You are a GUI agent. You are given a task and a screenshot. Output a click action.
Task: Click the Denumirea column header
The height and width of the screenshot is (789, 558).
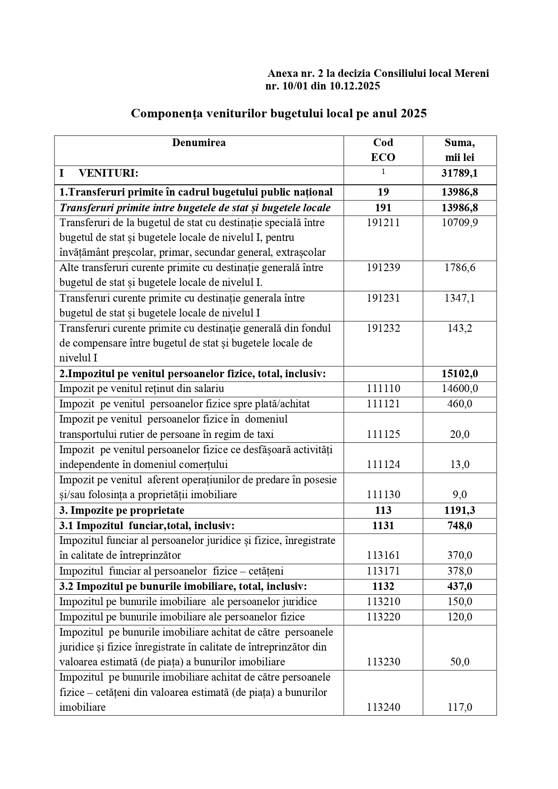[199, 143]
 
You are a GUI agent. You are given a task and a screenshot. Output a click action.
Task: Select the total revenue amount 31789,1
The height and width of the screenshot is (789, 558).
[460, 174]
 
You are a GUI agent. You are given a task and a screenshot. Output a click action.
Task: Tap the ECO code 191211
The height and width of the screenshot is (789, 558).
[383, 223]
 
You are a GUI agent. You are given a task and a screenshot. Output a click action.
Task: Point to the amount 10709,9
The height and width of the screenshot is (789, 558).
[460, 223]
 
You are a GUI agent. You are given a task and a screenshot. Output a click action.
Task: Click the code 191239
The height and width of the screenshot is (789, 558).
[383, 268]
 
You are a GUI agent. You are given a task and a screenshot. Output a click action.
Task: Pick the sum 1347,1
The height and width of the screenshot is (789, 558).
[460, 299]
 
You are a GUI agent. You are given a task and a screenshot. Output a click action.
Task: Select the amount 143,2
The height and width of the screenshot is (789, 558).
[460, 329]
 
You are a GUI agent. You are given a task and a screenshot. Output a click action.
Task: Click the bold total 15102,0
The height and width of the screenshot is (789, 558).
[460, 374]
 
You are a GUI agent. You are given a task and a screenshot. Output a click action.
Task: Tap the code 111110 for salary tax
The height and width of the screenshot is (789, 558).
[383, 389]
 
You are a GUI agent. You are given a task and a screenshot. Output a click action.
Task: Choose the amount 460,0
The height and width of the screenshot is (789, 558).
[460, 404]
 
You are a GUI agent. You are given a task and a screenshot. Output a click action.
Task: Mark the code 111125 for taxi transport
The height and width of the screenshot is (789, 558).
[383, 435]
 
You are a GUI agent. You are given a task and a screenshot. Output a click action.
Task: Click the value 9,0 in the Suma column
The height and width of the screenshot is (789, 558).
[460, 495]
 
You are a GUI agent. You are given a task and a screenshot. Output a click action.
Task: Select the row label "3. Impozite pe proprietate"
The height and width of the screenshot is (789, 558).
[122, 510]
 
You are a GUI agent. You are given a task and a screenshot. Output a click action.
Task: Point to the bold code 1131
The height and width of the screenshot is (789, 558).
[383, 526]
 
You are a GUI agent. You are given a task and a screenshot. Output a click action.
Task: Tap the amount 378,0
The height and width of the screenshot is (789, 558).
[460, 571]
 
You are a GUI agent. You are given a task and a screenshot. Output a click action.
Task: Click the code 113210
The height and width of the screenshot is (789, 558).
[383, 602]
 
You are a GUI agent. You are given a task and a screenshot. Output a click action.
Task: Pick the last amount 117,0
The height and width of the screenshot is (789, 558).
[460, 708]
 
